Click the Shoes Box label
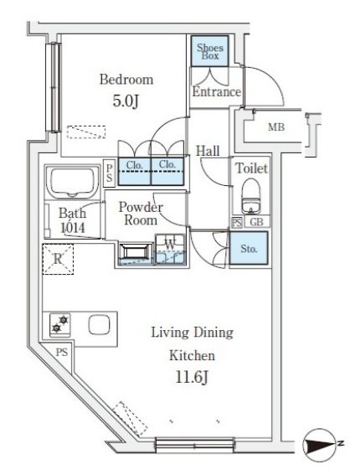[x=210, y=51]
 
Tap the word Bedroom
[x=126, y=80]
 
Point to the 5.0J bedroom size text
[x=126, y=101]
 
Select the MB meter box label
[x=276, y=127]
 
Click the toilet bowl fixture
[x=251, y=196]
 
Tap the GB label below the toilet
[x=256, y=222]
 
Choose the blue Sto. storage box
[x=249, y=249]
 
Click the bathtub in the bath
[x=72, y=182]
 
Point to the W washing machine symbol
[x=170, y=250]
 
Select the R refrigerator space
[x=58, y=260]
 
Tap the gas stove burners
[x=60, y=324]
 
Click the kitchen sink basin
[x=99, y=324]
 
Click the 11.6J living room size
[x=192, y=378]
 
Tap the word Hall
[x=208, y=151]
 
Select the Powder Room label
[x=141, y=214]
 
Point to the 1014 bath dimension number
[x=73, y=228]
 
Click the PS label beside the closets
[x=110, y=173]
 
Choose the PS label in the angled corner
[x=61, y=353]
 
